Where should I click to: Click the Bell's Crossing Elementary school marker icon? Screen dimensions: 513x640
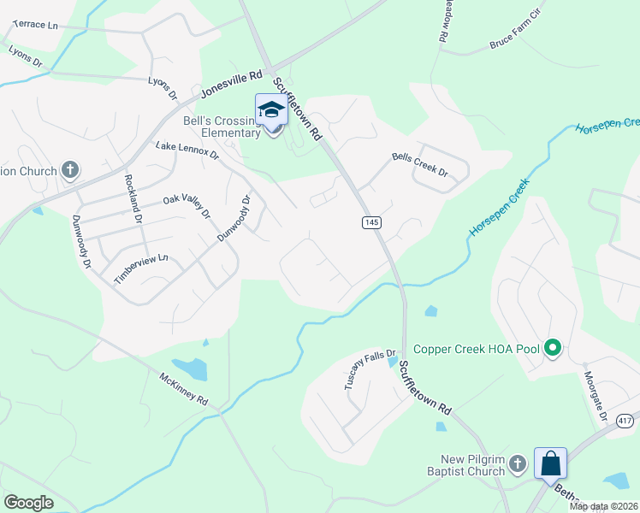(272, 111)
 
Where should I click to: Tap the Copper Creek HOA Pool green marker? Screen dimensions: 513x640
(553, 348)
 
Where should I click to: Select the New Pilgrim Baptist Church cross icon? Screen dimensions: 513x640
(517, 463)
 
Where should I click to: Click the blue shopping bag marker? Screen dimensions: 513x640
(551, 463)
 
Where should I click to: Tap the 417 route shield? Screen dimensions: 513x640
(625, 421)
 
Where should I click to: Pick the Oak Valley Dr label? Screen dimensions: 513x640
(187, 207)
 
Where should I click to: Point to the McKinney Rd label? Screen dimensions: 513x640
(183, 388)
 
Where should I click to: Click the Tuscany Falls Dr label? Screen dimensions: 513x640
(370, 370)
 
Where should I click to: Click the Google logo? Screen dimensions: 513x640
(28, 502)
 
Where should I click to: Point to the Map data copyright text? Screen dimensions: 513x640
(604, 506)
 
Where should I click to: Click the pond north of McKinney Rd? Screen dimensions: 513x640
(194, 369)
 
